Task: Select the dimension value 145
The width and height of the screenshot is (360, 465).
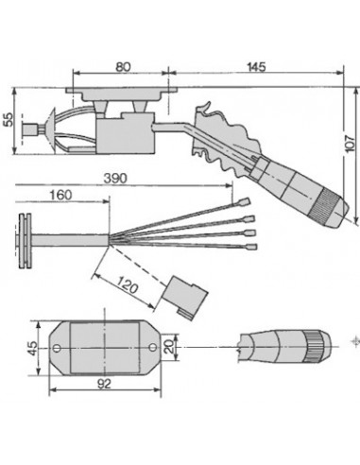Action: [x=255, y=67]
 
